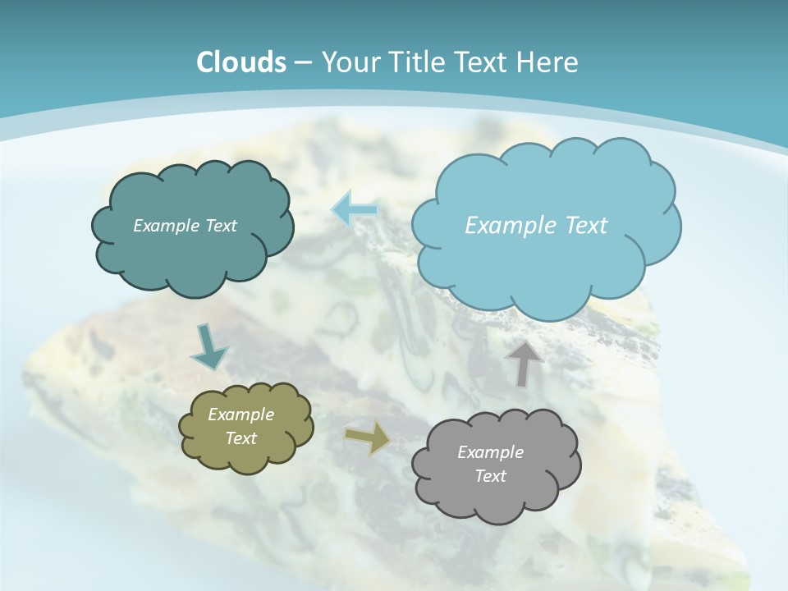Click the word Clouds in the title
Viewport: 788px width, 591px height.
coord(241,62)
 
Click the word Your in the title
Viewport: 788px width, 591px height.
coord(349,62)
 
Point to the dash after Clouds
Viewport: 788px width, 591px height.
coord(302,63)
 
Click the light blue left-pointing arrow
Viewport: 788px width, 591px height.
coord(355,210)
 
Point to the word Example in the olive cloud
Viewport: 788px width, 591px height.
coord(241,415)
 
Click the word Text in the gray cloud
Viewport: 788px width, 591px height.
coord(491,476)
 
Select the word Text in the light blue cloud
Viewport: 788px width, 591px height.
coord(587,226)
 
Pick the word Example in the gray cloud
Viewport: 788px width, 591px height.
coord(491,452)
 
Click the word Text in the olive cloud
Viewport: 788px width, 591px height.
coord(241,438)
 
